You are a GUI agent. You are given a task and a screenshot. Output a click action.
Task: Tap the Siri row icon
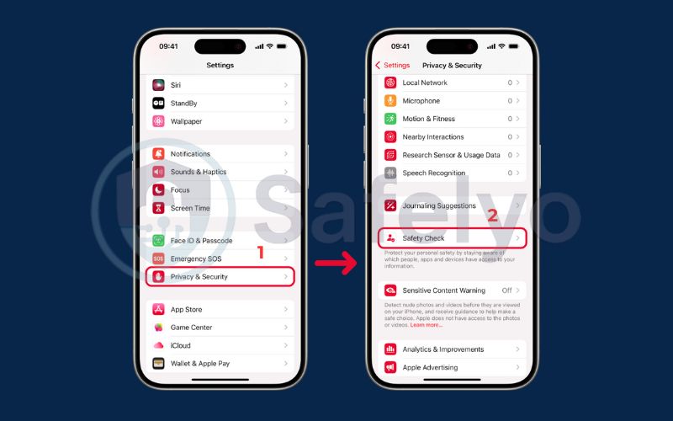click(x=158, y=85)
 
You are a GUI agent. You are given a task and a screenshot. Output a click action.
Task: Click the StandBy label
click(x=183, y=103)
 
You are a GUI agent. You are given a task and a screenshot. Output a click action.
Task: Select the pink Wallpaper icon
click(x=158, y=121)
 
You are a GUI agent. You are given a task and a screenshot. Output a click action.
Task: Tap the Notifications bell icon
click(x=158, y=153)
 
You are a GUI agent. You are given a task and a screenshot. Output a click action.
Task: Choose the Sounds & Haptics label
click(x=199, y=172)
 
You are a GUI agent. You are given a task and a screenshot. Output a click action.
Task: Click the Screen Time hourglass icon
click(x=158, y=208)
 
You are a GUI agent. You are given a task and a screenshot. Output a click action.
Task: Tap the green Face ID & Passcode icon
click(x=158, y=241)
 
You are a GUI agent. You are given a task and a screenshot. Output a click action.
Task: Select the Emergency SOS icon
click(x=158, y=258)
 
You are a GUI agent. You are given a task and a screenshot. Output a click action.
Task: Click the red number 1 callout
click(x=260, y=252)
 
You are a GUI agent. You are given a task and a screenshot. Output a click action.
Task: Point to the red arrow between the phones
click(x=336, y=263)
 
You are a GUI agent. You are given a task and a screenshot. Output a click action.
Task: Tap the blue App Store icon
click(x=158, y=309)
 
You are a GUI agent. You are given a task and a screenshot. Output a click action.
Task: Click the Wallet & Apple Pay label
click(x=200, y=364)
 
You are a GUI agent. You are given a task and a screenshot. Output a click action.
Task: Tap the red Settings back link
click(x=392, y=66)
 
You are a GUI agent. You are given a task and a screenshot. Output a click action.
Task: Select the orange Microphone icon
click(x=390, y=100)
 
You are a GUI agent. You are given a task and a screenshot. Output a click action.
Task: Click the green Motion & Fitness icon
click(x=390, y=119)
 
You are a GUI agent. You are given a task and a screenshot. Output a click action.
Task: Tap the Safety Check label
click(x=423, y=238)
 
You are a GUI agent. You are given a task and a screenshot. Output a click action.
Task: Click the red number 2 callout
click(x=492, y=216)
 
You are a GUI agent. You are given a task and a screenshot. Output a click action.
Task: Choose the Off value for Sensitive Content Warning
click(x=507, y=290)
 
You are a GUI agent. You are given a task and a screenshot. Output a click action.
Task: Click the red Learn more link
click(x=427, y=325)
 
